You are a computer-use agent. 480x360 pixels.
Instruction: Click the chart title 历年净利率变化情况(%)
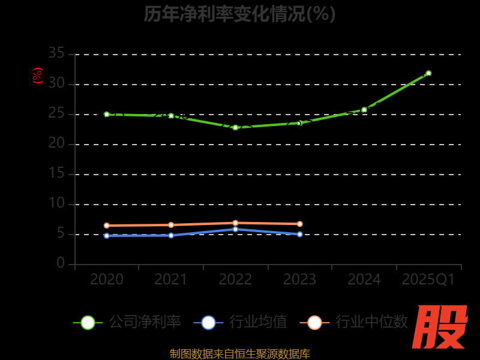click(x=239, y=13)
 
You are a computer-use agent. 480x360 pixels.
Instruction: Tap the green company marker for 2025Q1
click(x=428, y=73)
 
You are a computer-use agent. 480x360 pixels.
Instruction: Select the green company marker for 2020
click(x=107, y=114)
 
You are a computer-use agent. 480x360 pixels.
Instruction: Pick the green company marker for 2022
click(x=235, y=127)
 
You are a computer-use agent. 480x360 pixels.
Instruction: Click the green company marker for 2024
click(x=364, y=110)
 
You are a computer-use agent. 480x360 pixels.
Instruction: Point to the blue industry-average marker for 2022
click(x=235, y=229)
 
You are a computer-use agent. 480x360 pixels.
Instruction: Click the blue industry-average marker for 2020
click(x=107, y=236)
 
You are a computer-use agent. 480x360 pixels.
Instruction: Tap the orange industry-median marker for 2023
click(x=300, y=224)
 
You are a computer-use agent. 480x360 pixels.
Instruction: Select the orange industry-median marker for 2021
click(x=171, y=225)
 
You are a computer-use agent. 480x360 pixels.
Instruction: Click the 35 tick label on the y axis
click(x=56, y=54)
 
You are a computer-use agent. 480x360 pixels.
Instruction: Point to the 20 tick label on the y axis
click(x=56, y=144)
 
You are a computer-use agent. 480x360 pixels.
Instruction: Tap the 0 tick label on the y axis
click(x=61, y=263)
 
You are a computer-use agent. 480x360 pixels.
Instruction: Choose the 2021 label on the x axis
click(x=171, y=280)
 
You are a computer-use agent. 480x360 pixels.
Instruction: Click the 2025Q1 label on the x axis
click(x=428, y=280)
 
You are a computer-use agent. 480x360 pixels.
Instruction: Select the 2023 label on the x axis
click(x=300, y=280)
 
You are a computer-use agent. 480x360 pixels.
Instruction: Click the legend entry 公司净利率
click(x=128, y=322)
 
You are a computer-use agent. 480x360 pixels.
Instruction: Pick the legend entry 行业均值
click(x=241, y=322)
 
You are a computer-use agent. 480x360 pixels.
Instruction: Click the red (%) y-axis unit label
click(x=38, y=76)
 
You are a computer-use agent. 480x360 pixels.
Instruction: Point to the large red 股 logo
click(x=440, y=327)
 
